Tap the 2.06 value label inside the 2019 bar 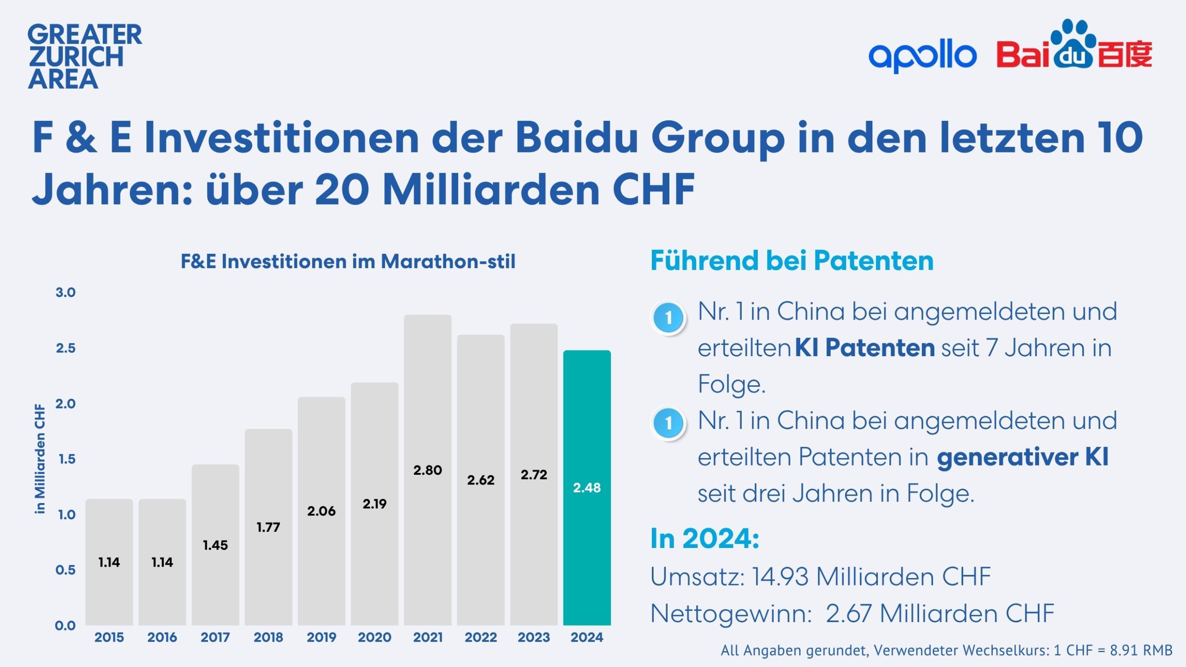[321, 511]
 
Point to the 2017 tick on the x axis [215, 637]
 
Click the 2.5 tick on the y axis [65, 348]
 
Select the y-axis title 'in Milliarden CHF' [40, 459]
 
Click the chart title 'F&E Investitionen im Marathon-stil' [347, 262]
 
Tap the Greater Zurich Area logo [84, 57]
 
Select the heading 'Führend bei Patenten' [791, 260]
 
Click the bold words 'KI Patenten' [864, 348]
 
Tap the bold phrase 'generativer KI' [1022, 457]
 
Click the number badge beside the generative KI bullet [668, 422]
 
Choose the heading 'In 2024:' [704, 539]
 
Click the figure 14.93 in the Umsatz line [780, 577]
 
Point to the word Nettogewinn [731, 614]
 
